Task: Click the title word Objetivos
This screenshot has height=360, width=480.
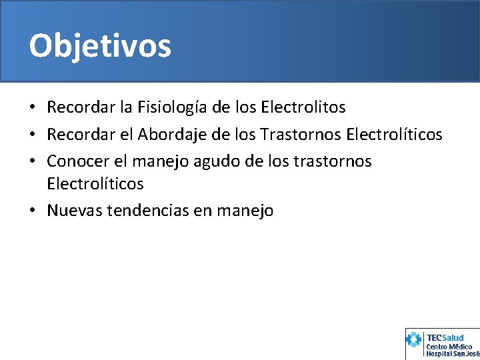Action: (100, 46)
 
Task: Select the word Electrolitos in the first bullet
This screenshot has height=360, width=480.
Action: (303, 107)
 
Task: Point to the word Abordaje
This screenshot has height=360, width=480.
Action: (169, 134)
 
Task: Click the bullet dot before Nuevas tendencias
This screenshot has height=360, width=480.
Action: (33, 211)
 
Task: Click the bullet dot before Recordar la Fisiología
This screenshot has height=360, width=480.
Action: (33, 107)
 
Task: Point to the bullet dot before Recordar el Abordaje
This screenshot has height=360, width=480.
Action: (33, 135)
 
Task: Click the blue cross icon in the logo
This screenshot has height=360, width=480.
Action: (414, 341)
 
